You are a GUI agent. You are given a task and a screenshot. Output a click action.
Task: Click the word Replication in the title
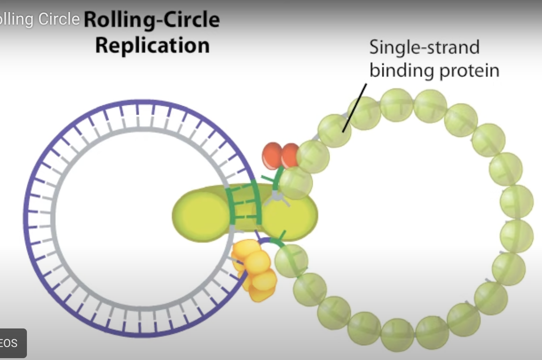152,45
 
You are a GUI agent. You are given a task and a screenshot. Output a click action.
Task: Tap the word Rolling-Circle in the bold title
152,19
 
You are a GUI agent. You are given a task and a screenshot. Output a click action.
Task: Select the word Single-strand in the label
424,47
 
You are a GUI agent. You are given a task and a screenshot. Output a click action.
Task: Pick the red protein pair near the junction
281,155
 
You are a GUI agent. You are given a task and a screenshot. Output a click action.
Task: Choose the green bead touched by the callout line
334,130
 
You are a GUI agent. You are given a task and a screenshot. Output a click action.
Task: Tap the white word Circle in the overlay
59,19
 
